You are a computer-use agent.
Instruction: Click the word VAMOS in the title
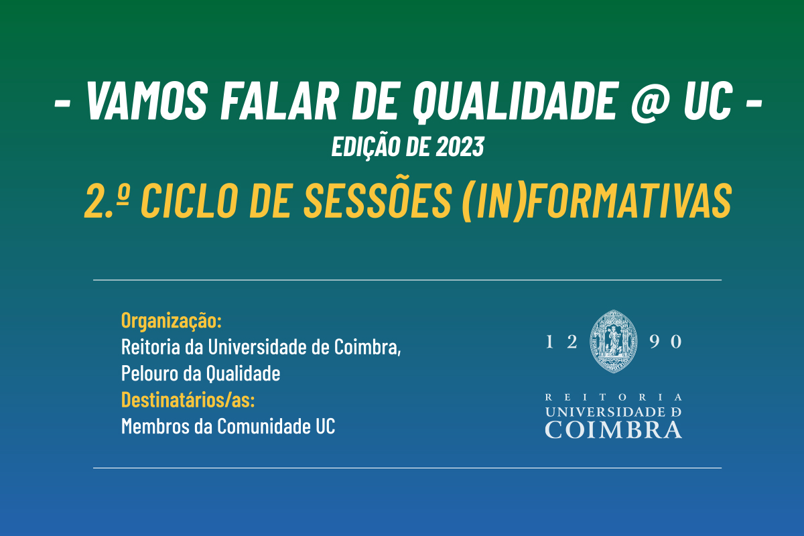click(147, 100)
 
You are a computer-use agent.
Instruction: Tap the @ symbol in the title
click(650, 103)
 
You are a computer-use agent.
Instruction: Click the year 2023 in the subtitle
click(460, 147)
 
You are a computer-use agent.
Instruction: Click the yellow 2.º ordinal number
click(107, 200)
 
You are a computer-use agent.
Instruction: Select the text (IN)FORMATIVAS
click(597, 201)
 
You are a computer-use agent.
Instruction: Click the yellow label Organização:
click(172, 320)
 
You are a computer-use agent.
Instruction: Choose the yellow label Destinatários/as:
click(188, 399)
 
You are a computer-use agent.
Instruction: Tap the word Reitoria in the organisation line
click(151, 347)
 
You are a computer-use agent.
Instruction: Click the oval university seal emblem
click(614, 342)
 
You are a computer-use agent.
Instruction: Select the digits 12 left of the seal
click(561, 342)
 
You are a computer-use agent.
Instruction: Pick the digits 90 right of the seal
click(665, 342)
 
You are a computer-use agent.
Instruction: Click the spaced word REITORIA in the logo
click(614, 397)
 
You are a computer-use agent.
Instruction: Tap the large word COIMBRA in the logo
click(614, 429)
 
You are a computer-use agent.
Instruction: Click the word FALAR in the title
click(279, 100)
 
